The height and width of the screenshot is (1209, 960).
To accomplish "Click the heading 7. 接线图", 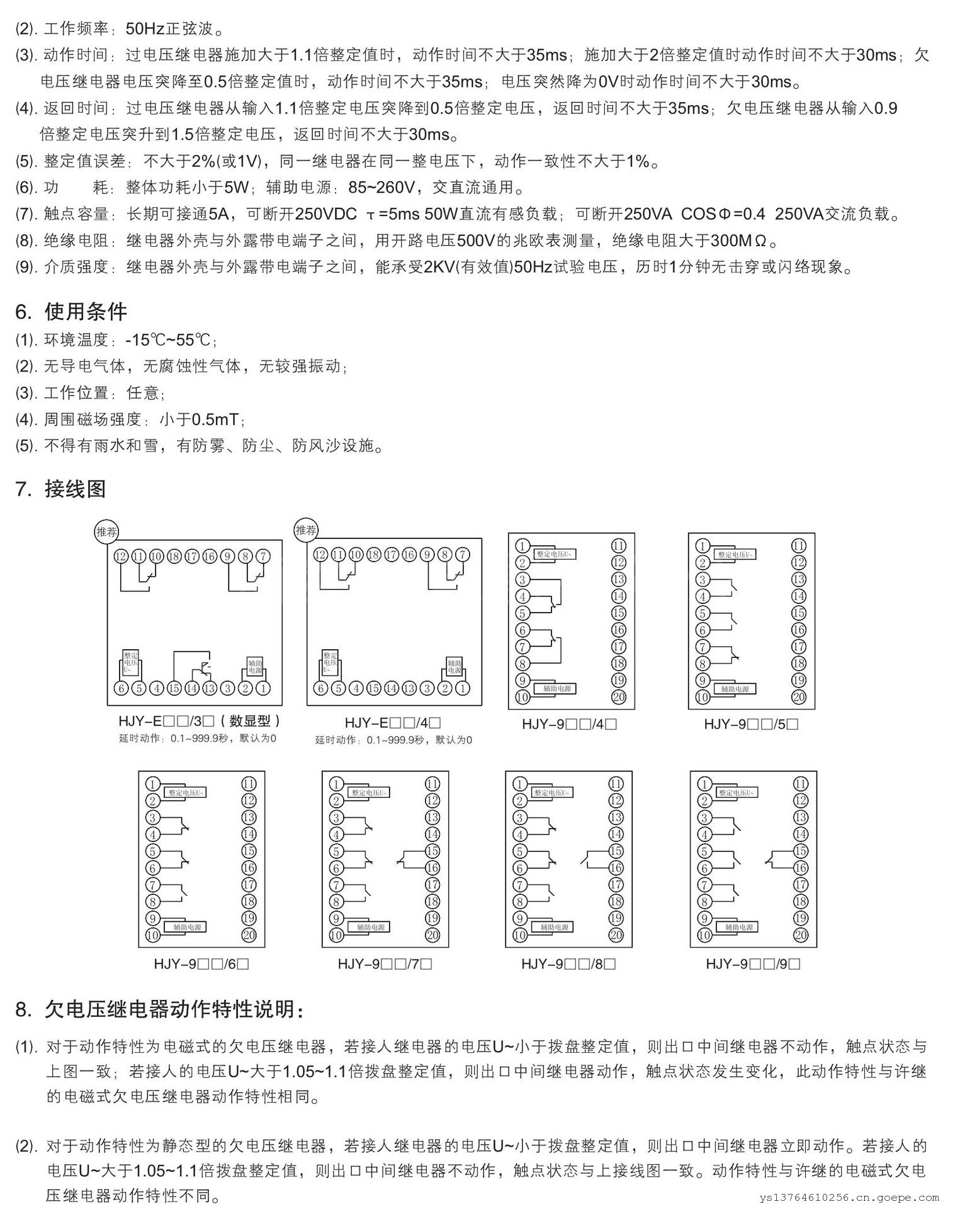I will click(x=61, y=489).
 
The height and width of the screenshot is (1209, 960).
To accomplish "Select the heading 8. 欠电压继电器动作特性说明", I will click(x=161, y=1009).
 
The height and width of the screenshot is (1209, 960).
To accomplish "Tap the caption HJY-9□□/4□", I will click(x=569, y=724).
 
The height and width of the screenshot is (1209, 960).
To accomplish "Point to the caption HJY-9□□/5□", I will click(x=751, y=724).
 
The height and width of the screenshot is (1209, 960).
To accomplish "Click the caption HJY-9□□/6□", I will click(x=201, y=963).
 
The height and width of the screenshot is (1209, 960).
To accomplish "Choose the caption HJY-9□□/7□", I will click(x=385, y=963).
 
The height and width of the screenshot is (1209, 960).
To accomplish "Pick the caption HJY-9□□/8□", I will click(x=568, y=963).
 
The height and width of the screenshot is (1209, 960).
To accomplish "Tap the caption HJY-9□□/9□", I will click(x=753, y=963).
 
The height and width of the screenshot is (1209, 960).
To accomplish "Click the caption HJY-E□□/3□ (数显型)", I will click(x=199, y=721).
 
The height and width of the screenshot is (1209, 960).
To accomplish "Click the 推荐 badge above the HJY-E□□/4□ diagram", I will click(x=307, y=530).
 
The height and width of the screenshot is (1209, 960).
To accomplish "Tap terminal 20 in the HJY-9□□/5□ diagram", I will click(x=799, y=697).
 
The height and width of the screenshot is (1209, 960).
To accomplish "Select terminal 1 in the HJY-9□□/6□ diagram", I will click(x=152, y=784).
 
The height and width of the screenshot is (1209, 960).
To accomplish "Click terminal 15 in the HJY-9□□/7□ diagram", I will click(x=432, y=851).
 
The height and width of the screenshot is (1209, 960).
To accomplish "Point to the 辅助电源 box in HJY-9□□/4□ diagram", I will click(x=555, y=689).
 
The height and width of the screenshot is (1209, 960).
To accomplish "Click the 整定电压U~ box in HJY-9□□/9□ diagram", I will click(x=737, y=793).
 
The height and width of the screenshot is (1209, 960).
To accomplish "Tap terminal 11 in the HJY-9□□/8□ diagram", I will click(x=616, y=784).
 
